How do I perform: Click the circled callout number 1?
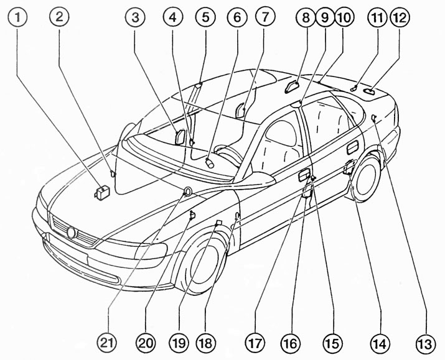[x=17, y=17]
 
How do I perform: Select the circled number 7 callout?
[x=265, y=17]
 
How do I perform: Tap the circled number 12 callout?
[x=400, y=18]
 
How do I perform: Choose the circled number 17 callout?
[x=255, y=343]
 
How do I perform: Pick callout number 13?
[x=426, y=344]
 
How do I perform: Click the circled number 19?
[x=179, y=343]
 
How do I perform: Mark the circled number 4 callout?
[x=173, y=17]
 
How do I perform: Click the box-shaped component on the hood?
[x=103, y=193]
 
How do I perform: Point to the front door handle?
[x=304, y=175]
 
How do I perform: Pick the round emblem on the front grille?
[x=71, y=233]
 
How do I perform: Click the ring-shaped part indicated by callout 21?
[x=187, y=192]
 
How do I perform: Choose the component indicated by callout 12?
[x=368, y=91]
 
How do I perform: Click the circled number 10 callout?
[x=344, y=17]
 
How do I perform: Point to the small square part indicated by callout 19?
[x=218, y=223]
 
